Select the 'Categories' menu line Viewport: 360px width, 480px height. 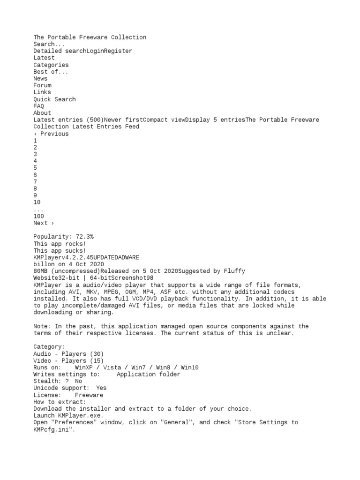coord(51,65)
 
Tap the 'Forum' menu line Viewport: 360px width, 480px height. coord(42,85)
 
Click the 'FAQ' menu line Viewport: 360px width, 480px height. coord(38,106)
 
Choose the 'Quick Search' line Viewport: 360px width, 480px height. coord(54,99)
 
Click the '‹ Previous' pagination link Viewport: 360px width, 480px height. coord(51,134)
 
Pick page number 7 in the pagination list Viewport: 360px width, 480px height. coord(35,181)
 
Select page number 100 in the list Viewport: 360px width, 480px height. coord(38,216)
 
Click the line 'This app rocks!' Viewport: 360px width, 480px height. coord(60,244)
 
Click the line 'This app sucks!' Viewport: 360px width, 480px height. coord(60,251)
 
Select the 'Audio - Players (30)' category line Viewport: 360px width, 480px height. coord(68,353)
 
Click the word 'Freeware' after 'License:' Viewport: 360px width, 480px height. coord(89,395)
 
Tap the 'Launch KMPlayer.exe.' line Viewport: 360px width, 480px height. coord(68,415)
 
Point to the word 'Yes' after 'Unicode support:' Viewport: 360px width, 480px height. coord(101,388)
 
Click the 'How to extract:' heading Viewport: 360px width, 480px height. coord(60,402)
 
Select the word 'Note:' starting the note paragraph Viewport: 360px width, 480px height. coord(42,326)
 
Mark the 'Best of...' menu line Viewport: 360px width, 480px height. coord(51,72)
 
